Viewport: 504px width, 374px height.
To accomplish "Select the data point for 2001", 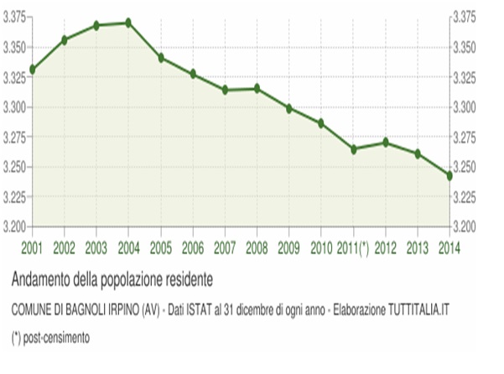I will [32, 69].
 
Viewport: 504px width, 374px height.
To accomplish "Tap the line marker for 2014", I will [449, 176].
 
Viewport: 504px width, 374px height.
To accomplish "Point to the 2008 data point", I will [257, 88].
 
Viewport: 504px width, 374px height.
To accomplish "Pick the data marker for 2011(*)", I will [353, 149].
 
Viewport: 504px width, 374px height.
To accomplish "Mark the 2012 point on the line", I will [385, 143].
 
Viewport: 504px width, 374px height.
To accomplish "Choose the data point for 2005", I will [160, 58].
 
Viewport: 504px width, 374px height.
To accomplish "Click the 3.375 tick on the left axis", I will [14, 17].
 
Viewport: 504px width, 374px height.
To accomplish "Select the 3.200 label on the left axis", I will [14, 227].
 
